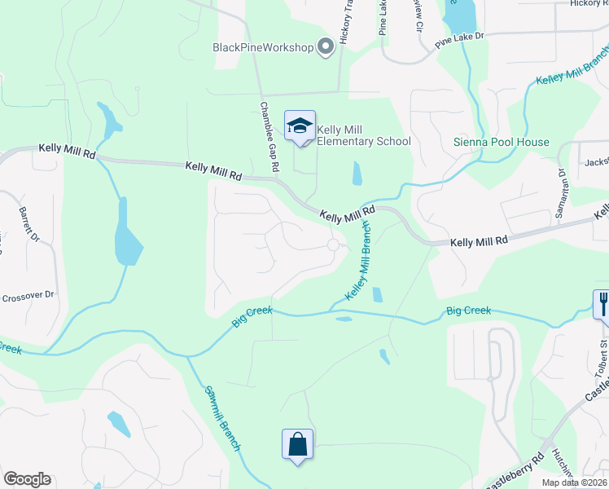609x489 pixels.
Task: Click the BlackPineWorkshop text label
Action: tap(263, 47)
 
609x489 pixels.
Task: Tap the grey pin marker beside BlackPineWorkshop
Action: tap(326, 46)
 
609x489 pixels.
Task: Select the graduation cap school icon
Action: tap(300, 126)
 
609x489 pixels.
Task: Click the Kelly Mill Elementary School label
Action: tap(363, 135)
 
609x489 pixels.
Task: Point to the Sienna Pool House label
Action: tap(501, 142)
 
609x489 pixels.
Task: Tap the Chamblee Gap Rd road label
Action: tap(269, 136)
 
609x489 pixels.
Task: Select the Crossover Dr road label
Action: tap(27, 294)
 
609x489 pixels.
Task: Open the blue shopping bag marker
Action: tap(297, 445)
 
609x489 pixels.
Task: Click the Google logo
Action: tap(27, 479)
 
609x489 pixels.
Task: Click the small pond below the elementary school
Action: tap(357, 173)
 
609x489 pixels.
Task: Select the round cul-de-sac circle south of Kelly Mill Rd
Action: tap(333, 245)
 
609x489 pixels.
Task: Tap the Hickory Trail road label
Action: tap(345, 24)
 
